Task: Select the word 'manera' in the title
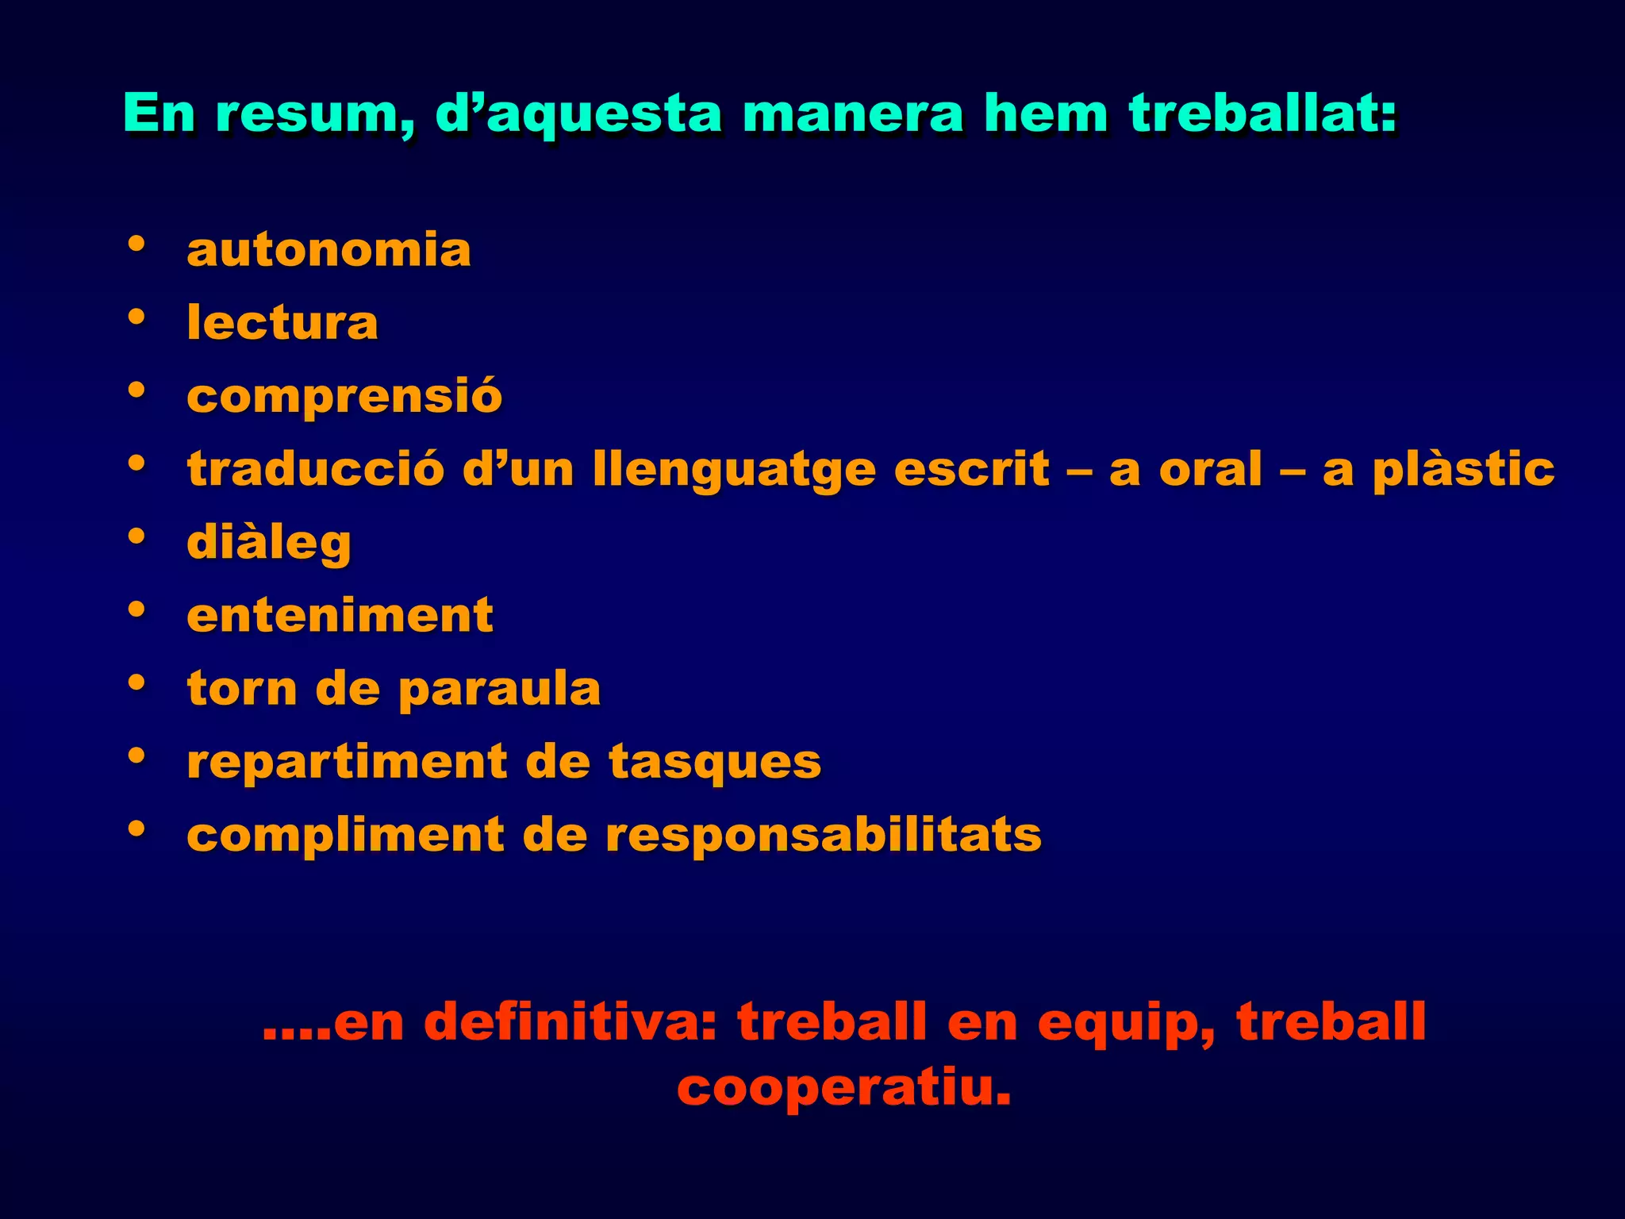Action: coord(852,113)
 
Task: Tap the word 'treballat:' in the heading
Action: coord(1263,113)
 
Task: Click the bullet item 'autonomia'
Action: coord(328,250)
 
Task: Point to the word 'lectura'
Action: coord(282,323)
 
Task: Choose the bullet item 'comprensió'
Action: coord(344,396)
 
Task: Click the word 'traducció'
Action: coord(316,469)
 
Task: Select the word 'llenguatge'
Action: coord(734,471)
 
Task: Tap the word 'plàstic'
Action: coord(1463,471)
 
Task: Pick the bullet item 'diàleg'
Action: coord(269,544)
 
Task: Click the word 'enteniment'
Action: coord(340,615)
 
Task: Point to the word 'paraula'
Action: coord(499,689)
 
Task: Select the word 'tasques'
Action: coord(715,763)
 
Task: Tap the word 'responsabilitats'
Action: coord(823,836)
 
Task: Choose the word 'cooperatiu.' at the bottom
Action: coord(844,1088)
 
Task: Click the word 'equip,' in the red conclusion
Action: coord(1126,1023)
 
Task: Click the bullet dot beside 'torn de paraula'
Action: coord(136,682)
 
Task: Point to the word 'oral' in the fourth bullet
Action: coord(1210,469)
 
